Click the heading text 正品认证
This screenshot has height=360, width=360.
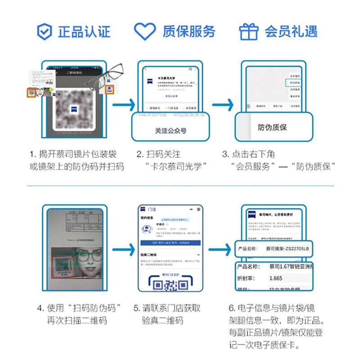84,32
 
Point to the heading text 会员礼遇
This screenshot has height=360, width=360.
291,32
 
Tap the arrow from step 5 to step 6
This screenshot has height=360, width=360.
222,248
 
